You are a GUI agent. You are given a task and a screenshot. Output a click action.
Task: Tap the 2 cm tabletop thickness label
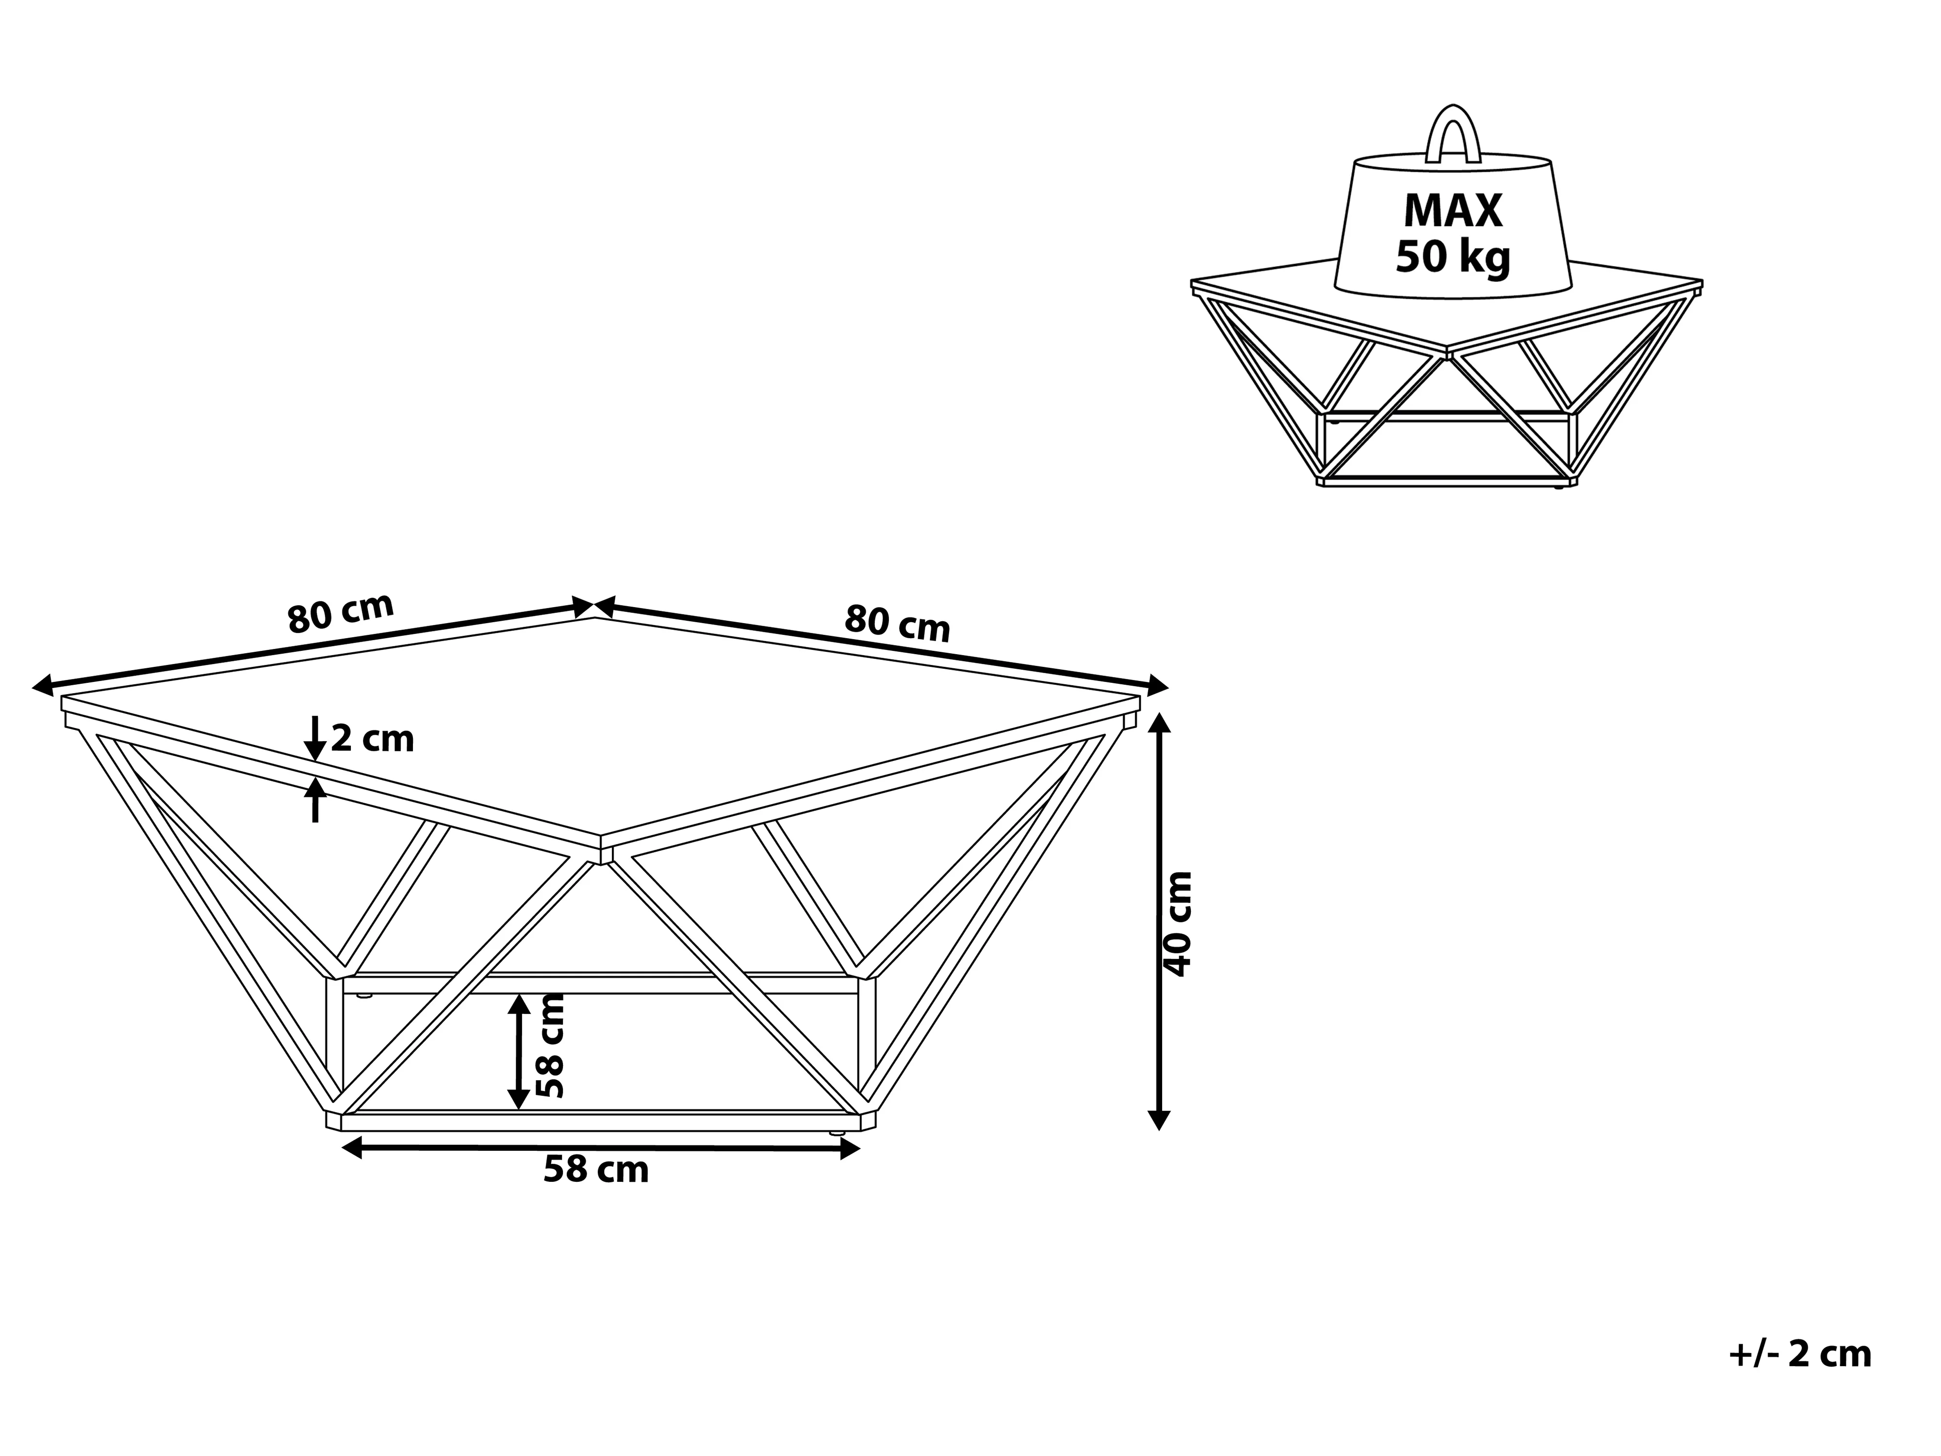coord(372,739)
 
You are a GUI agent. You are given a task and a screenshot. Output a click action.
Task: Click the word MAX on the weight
coord(1453,211)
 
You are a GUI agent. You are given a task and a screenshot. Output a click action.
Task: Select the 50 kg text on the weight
coord(1453,257)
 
